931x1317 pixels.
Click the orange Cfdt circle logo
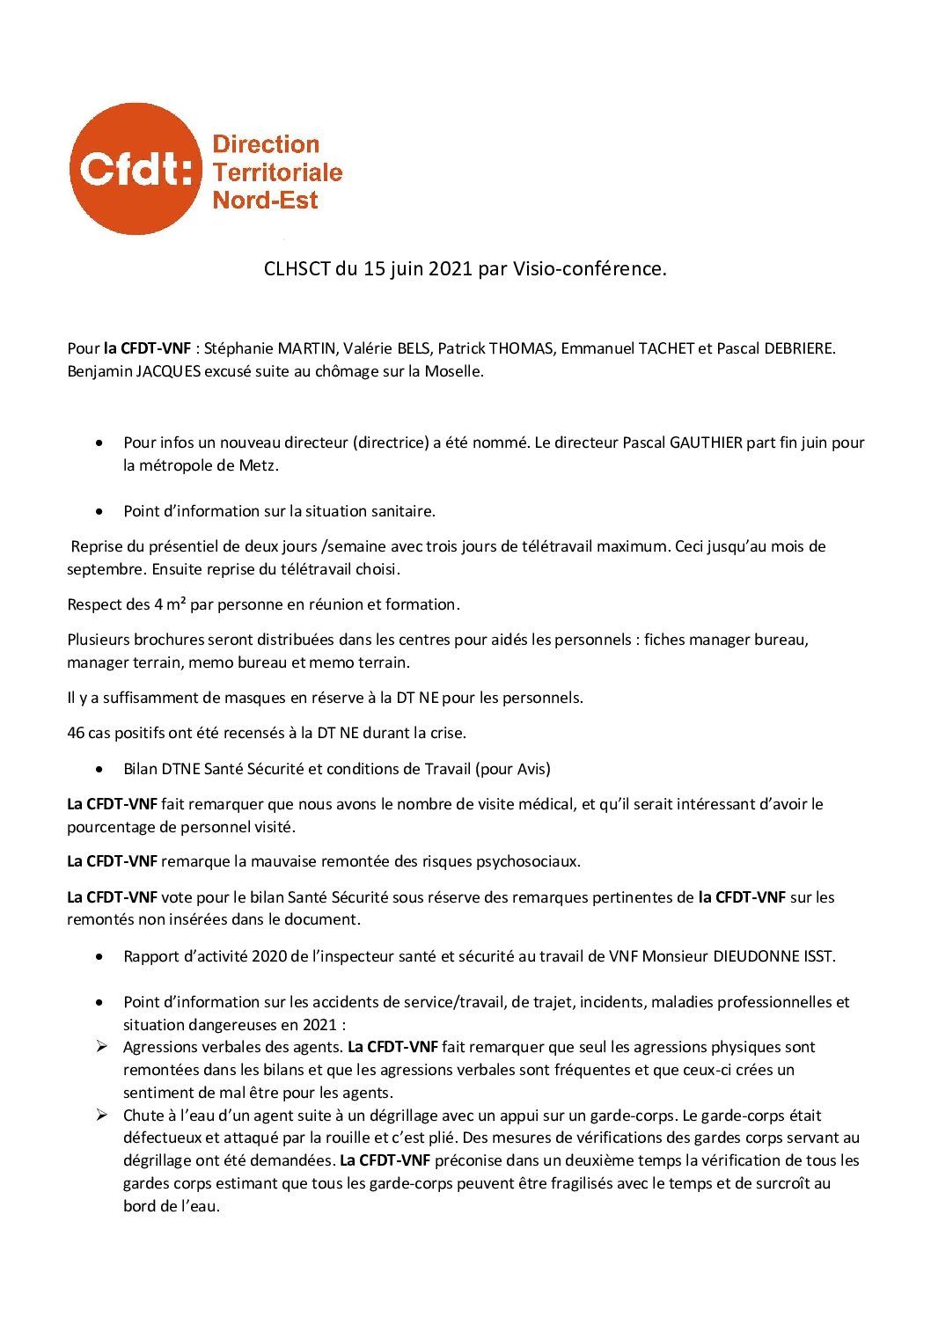tap(135, 169)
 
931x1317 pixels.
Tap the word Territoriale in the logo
tap(277, 172)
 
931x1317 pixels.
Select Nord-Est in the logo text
tap(265, 200)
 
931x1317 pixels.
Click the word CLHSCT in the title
tap(296, 269)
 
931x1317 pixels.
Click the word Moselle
tap(453, 371)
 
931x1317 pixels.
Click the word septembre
tap(106, 569)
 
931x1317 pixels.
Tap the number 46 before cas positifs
tap(76, 732)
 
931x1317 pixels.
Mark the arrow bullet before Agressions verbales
tap(102, 1047)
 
